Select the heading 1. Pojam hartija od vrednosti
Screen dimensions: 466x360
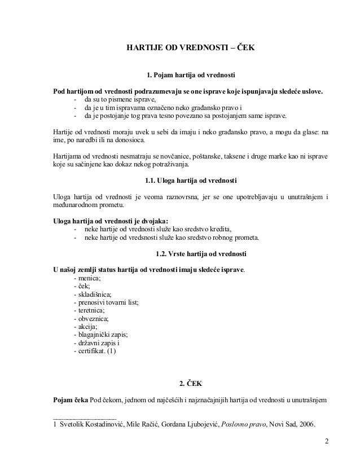pos(190,75)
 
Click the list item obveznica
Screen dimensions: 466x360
pos(91,318)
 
